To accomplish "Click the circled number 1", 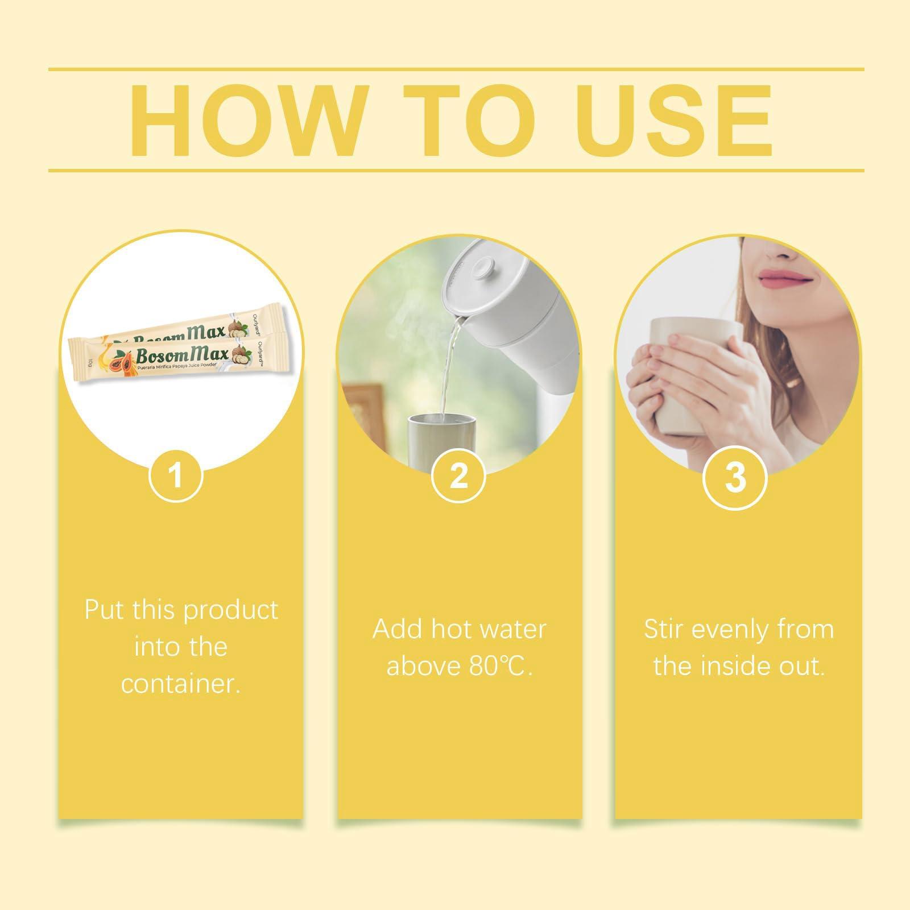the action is coord(176,474).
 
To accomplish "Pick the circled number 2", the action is coord(458,474).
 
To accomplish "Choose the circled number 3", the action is coord(735,477).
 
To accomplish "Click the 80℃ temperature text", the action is coord(501,666).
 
